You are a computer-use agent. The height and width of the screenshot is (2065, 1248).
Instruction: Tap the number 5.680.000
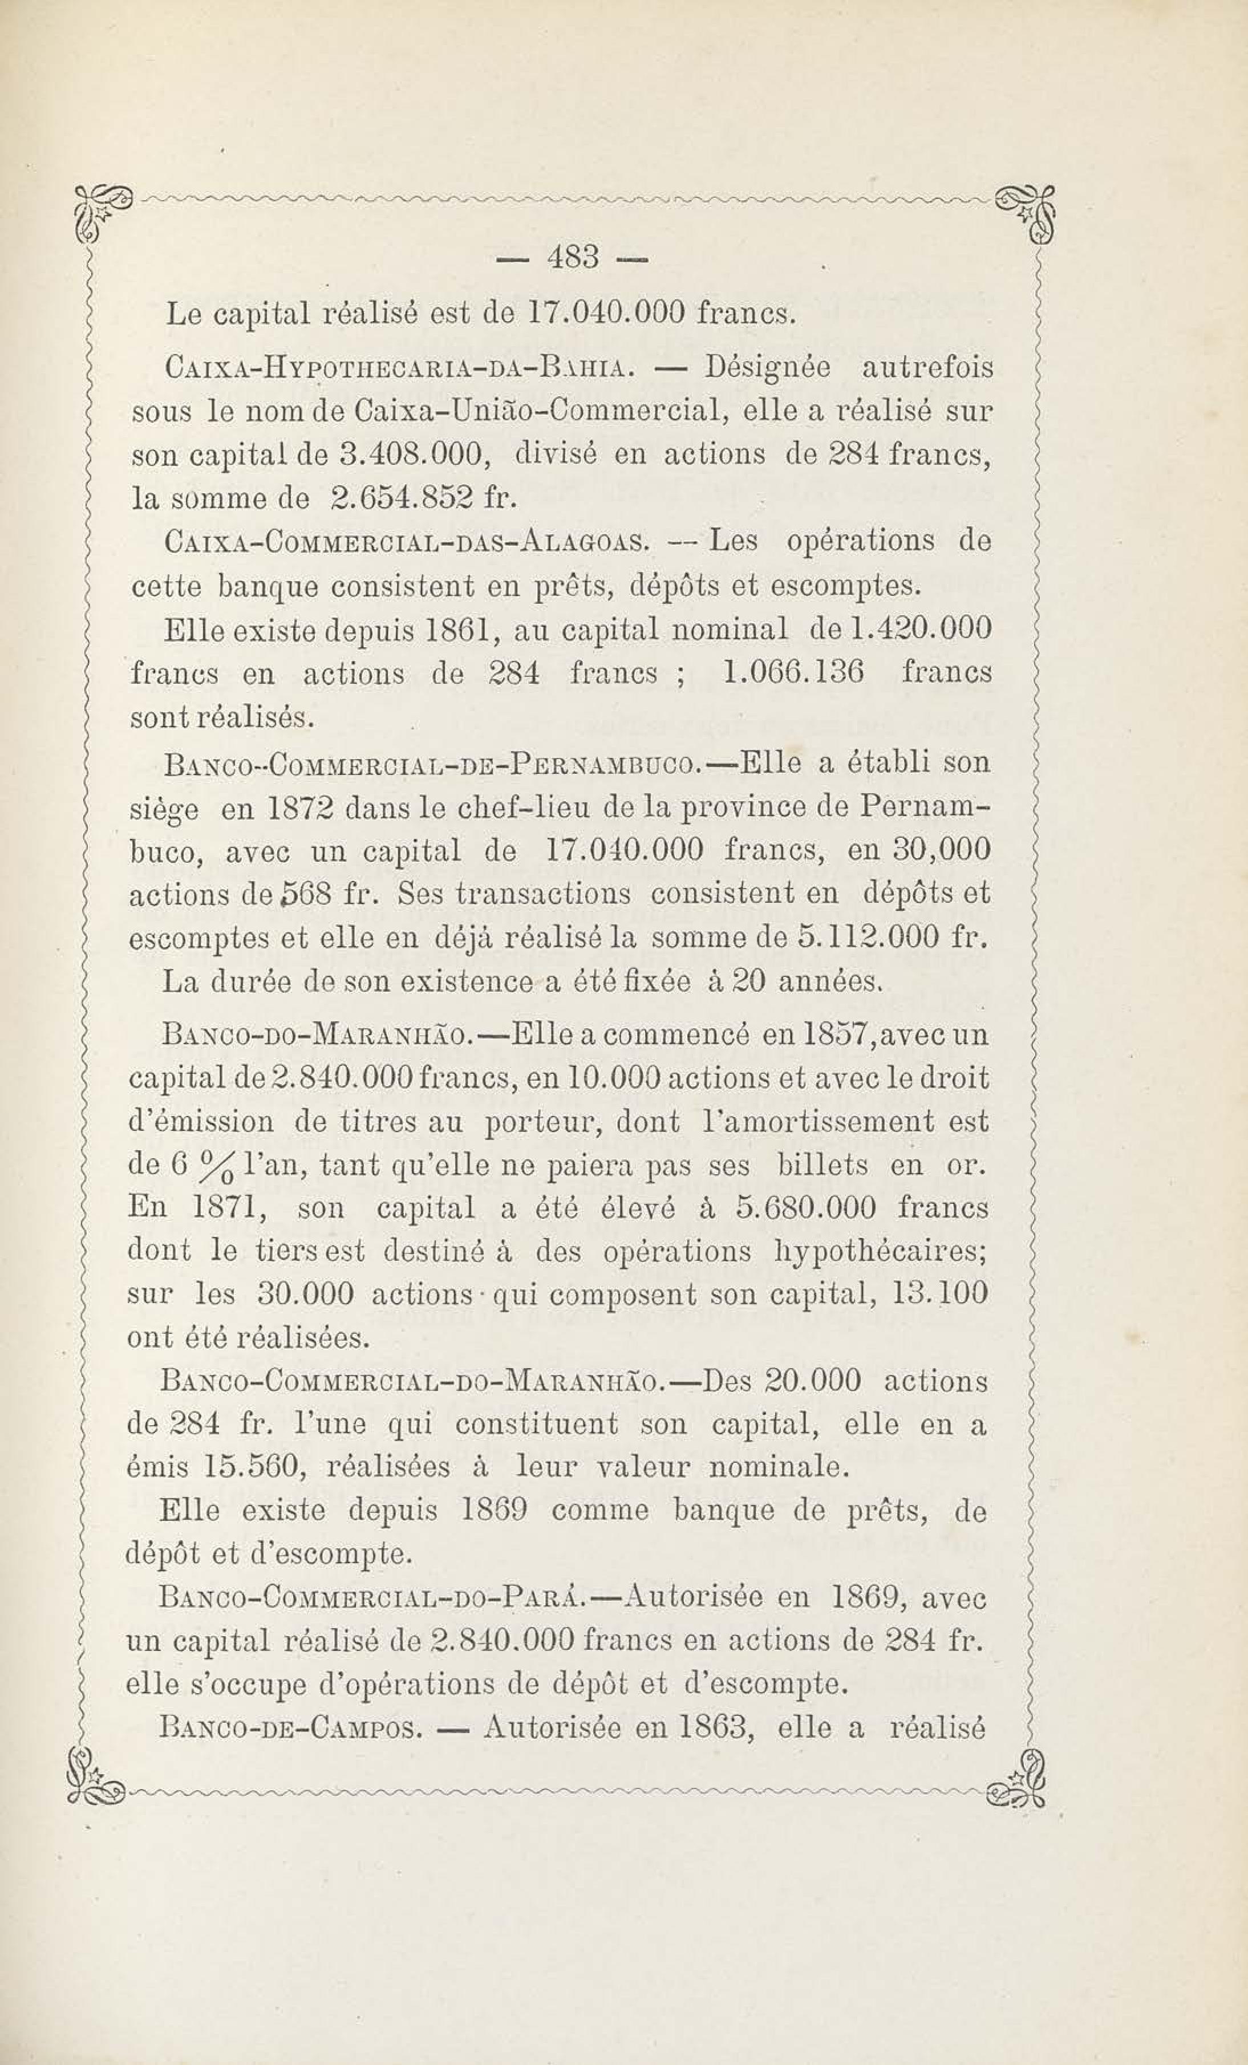pos(805,1208)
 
